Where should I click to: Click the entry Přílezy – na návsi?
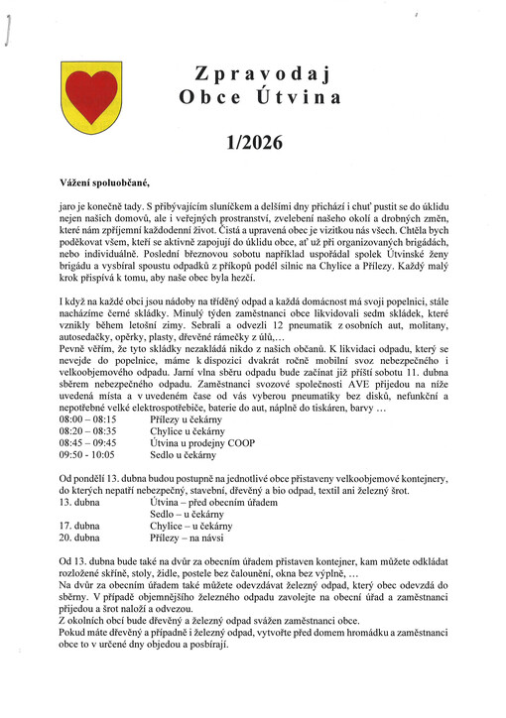point(189,538)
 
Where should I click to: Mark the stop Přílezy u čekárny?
point(190,420)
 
